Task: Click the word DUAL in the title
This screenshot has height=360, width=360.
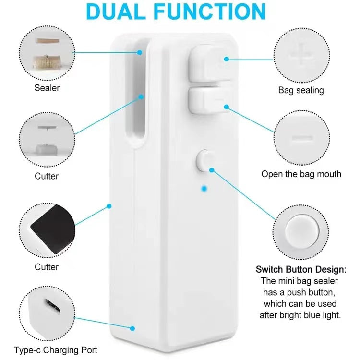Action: [116, 12]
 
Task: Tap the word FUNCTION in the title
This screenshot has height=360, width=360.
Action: [210, 12]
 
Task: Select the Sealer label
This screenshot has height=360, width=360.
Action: [47, 88]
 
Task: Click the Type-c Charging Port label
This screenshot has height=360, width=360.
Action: [56, 350]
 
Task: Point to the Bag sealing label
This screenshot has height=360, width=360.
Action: [301, 90]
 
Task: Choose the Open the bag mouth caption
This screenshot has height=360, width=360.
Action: [301, 174]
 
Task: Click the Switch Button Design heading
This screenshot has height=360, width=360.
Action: [301, 269]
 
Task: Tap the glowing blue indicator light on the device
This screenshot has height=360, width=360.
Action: [204, 189]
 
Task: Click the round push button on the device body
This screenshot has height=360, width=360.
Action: [204, 160]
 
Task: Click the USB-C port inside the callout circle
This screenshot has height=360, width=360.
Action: [52, 306]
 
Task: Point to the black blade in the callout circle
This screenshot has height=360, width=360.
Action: [53, 229]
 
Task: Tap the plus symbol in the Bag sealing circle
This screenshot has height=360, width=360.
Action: [301, 55]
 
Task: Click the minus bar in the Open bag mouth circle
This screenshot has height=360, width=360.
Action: [302, 138]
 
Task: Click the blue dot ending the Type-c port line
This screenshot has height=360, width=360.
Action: [132, 328]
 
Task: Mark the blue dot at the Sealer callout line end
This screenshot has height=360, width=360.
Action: [140, 53]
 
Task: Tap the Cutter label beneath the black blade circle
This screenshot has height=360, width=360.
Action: [47, 267]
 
